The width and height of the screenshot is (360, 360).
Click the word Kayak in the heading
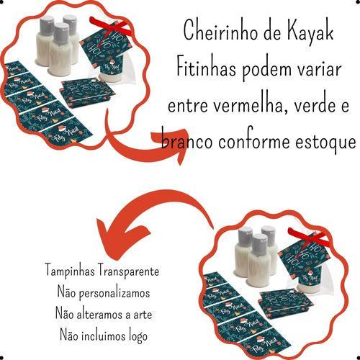310,33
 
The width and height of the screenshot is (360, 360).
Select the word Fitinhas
206,68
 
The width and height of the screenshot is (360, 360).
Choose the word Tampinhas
70,271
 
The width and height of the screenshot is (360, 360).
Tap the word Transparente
129,271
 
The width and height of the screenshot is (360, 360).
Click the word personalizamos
114,293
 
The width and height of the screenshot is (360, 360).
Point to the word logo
138,336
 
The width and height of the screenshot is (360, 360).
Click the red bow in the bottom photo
308,237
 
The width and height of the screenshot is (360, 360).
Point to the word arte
143,315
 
